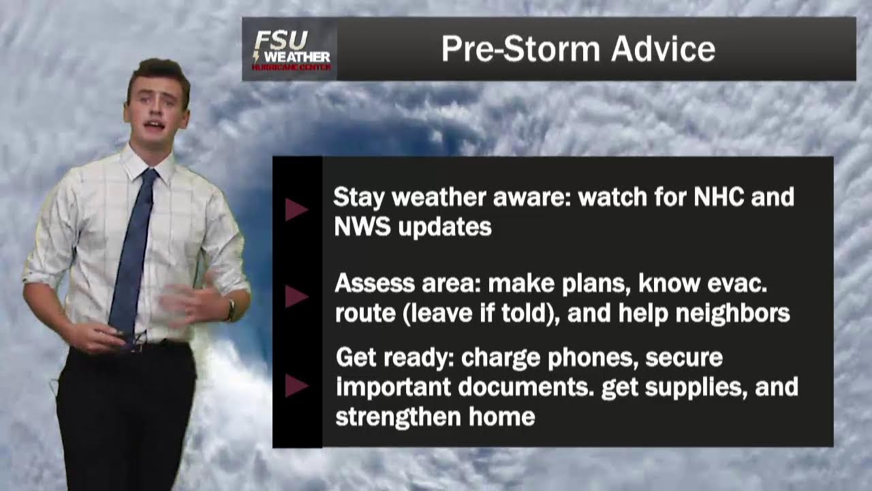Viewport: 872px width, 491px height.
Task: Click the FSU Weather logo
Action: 290,50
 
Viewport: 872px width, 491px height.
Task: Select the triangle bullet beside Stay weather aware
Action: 296,209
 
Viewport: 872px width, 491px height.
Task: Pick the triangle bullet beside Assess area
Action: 296,297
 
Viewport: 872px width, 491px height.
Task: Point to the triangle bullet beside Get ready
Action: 296,386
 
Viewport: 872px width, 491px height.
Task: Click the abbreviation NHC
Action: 721,197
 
